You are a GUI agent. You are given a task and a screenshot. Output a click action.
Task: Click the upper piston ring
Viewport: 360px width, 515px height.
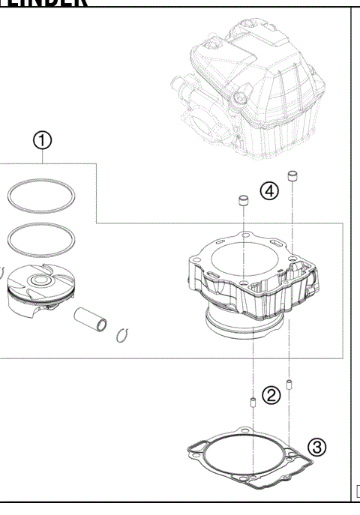click(x=42, y=196)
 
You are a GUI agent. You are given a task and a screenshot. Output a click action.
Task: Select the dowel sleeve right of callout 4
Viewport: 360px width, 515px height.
click(x=297, y=178)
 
